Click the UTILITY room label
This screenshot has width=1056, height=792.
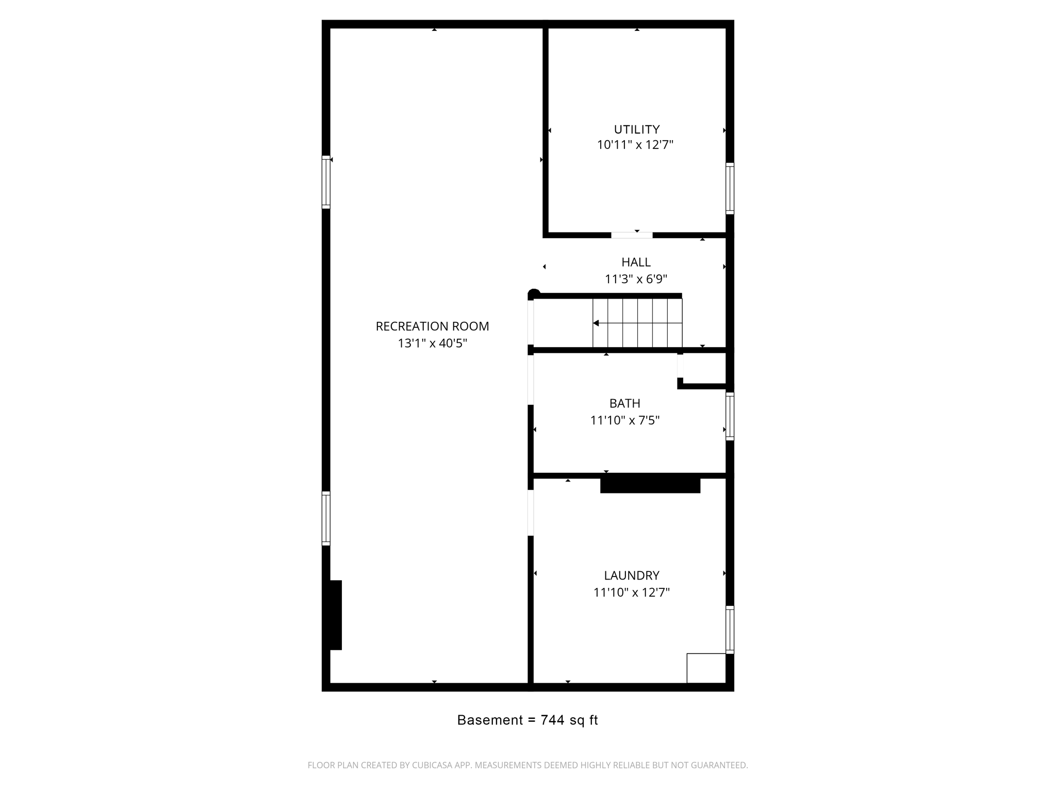(x=636, y=129)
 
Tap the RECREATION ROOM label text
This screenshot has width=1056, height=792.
(x=432, y=326)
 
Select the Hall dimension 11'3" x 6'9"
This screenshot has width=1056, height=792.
(x=636, y=279)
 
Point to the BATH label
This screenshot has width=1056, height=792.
(x=624, y=403)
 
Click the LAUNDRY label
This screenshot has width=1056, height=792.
(x=632, y=575)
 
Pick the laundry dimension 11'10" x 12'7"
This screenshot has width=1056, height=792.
(x=631, y=592)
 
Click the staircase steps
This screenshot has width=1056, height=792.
(x=637, y=323)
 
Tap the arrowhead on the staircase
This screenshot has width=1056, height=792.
(x=596, y=323)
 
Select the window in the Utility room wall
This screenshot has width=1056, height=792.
(x=730, y=188)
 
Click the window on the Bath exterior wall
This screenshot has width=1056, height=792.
(x=730, y=416)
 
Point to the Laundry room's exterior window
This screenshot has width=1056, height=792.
(x=730, y=630)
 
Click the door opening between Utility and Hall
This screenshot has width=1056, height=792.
(x=632, y=236)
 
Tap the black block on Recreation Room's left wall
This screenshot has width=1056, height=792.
(x=334, y=615)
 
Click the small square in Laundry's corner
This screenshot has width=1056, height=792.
(x=706, y=668)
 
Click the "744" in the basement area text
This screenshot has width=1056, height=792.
(x=552, y=720)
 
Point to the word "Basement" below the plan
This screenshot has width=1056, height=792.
(x=490, y=720)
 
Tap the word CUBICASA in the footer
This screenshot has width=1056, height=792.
(x=432, y=765)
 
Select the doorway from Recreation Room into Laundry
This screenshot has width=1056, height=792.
(x=531, y=513)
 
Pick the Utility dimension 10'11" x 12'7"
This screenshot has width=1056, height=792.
(x=635, y=145)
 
